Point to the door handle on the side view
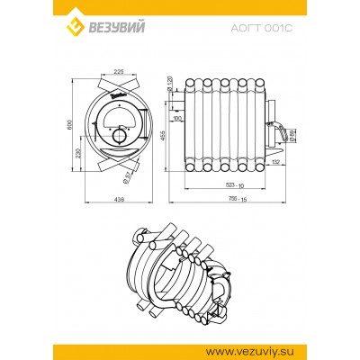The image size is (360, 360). pyautogui.click(x=286, y=134)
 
